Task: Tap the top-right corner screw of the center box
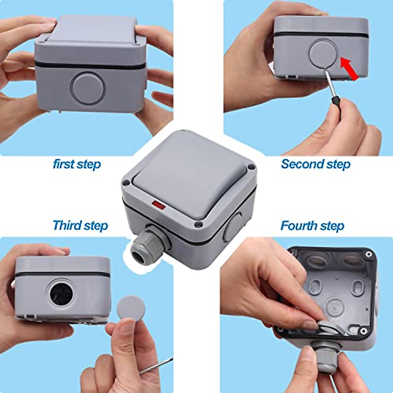point(251,167)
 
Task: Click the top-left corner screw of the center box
point(125,182)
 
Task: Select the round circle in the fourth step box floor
point(333,306)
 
